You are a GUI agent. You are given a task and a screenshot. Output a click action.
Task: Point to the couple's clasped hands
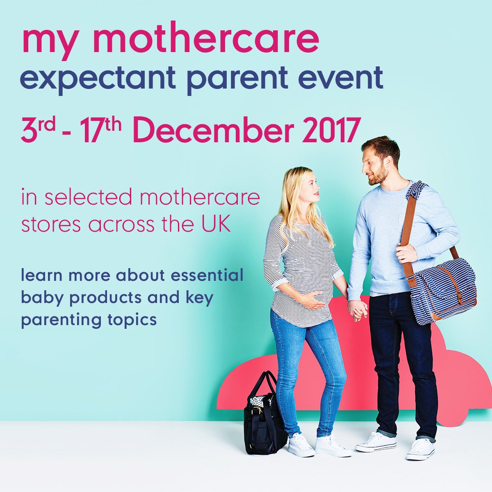tap(358, 310)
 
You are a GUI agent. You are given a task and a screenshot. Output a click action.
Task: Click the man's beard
tap(379, 176)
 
